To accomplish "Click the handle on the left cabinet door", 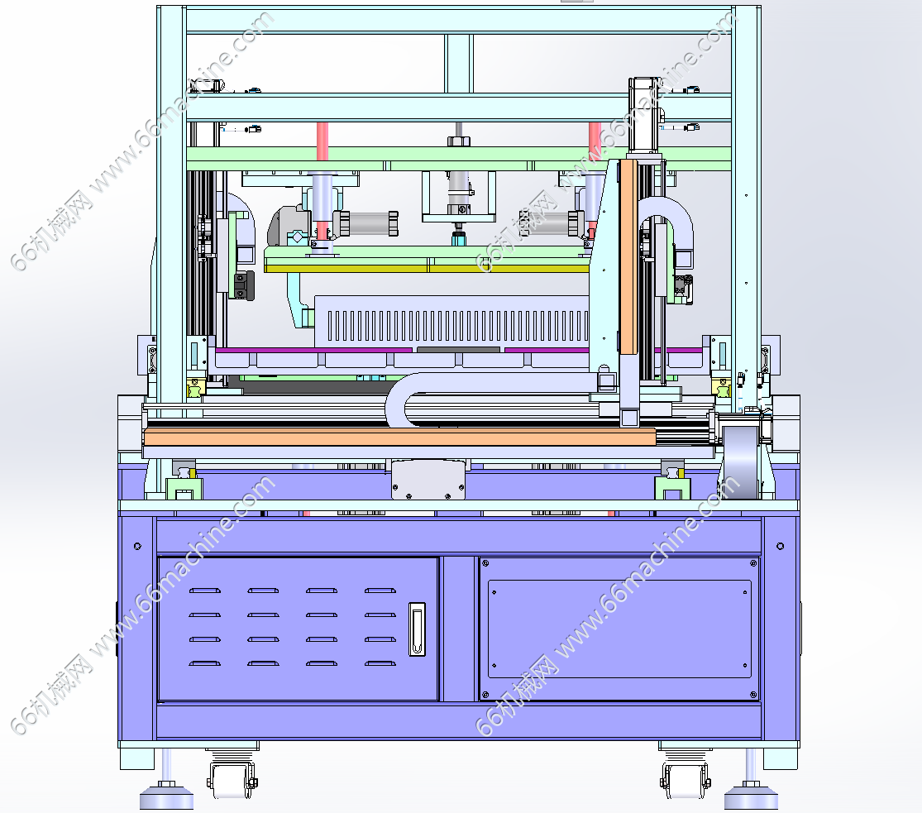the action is [x=417, y=629].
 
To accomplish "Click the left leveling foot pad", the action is [x=166, y=798].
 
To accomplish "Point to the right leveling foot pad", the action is [x=751, y=798].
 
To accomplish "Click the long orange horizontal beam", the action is [x=399, y=437].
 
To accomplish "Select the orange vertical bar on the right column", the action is [x=628, y=257].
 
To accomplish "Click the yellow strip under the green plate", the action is [x=427, y=268].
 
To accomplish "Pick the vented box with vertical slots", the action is [x=451, y=322].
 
